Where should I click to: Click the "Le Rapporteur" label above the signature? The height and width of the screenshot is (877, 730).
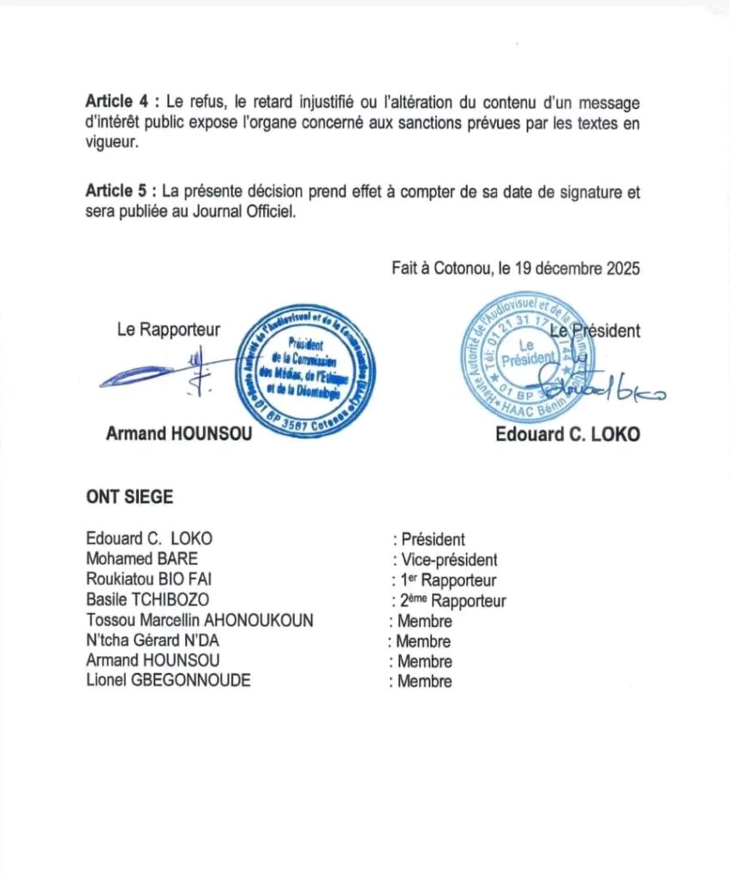[x=168, y=328]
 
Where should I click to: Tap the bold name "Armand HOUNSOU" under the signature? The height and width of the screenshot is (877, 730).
[x=179, y=433]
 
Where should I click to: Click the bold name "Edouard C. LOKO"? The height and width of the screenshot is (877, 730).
[x=567, y=434]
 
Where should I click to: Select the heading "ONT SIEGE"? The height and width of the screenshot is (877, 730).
[x=129, y=497]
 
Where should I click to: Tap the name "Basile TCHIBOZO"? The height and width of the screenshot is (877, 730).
[x=147, y=600]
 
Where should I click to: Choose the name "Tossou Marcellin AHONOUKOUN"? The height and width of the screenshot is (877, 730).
[x=200, y=621]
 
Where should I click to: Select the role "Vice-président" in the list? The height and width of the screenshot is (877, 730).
[x=448, y=560]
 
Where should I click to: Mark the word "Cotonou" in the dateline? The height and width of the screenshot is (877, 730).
[x=458, y=268]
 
